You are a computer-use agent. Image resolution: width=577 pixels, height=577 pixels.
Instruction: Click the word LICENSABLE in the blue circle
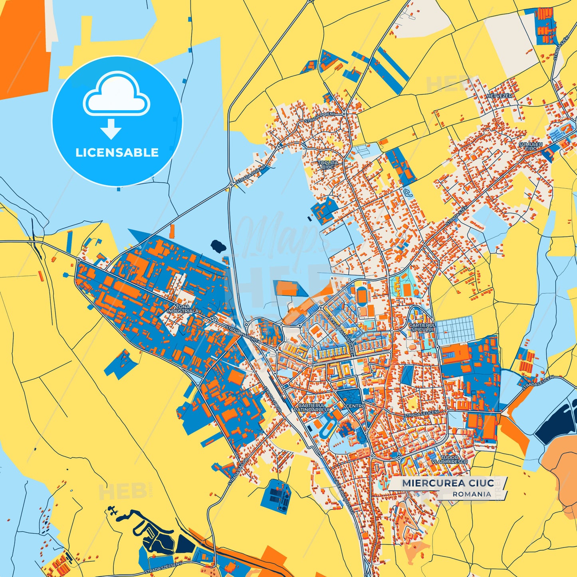point(117,153)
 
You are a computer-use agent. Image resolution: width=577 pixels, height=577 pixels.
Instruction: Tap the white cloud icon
point(116,96)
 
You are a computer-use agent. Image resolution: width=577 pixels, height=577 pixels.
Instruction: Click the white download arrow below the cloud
point(111,129)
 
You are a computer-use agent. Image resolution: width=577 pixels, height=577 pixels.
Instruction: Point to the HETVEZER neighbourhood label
point(499,96)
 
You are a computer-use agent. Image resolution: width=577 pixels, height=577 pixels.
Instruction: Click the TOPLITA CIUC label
point(328,165)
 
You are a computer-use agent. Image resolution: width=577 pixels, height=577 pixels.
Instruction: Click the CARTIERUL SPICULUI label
point(422,327)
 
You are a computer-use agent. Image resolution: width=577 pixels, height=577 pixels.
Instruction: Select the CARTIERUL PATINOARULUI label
point(312,407)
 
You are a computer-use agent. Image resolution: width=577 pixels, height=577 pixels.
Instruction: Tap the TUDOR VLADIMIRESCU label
point(449,460)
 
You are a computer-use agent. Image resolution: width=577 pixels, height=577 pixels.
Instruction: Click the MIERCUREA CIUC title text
point(448,483)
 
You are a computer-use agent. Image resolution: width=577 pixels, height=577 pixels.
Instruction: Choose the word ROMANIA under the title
point(472,494)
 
